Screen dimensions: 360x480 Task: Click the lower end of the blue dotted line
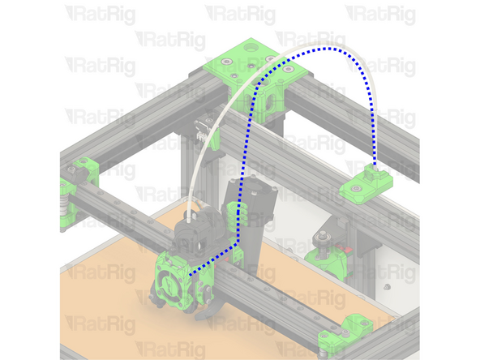190,276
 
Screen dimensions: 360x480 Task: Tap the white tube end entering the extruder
187,217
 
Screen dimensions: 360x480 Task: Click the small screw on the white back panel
386,286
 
